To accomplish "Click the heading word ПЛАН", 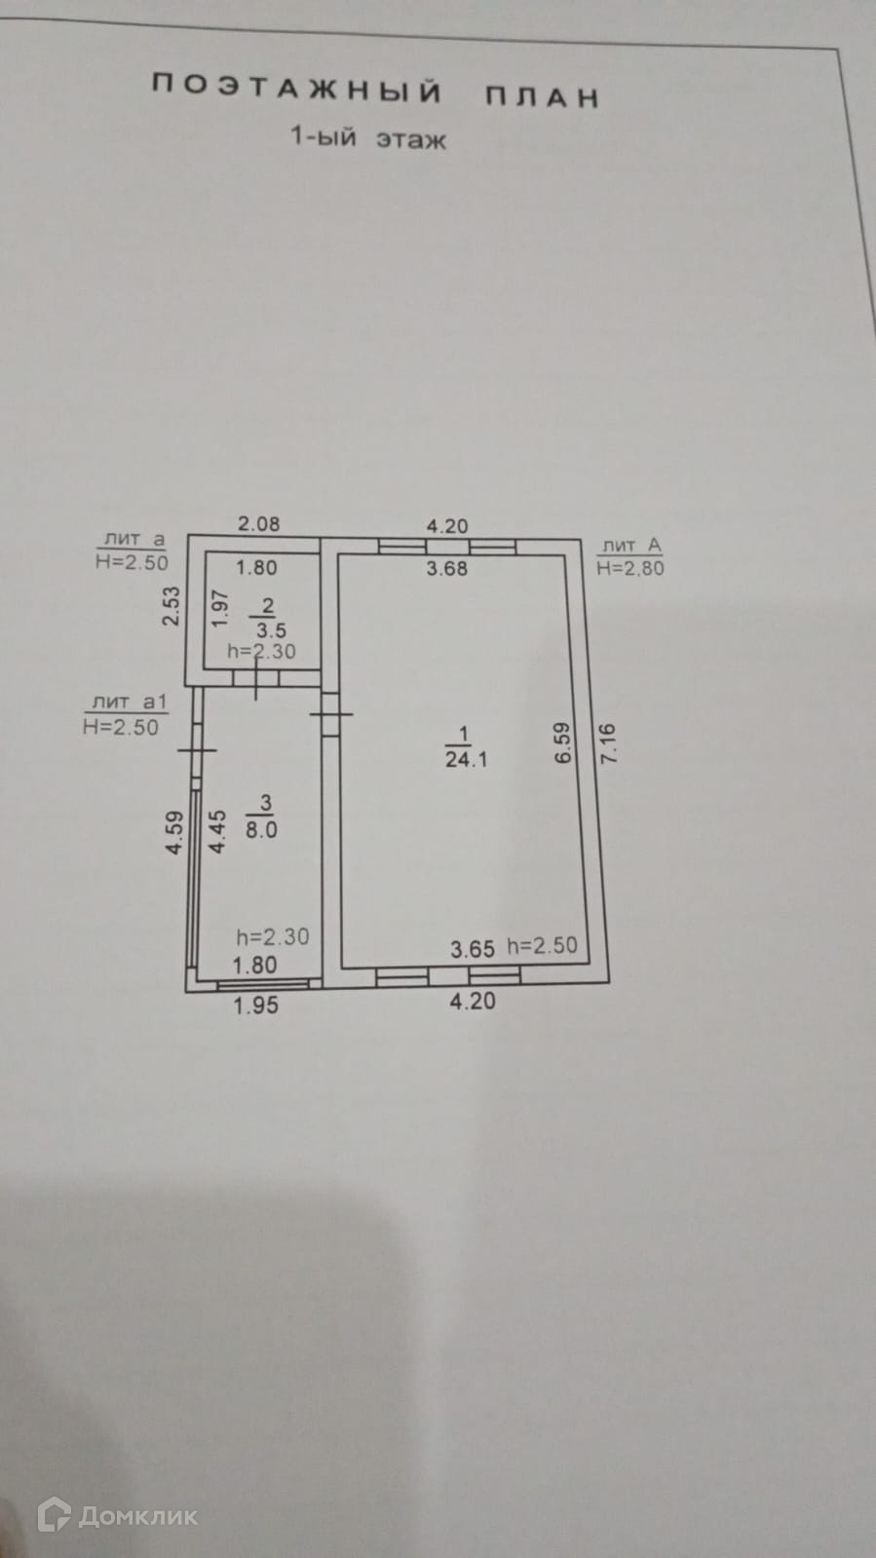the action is (542, 96).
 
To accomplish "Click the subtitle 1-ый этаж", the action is (368, 137).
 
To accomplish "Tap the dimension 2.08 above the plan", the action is (259, 523).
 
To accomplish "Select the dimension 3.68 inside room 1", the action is (447, 568).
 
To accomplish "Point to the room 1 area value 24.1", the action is (466, 759).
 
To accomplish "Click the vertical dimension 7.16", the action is (611, 742).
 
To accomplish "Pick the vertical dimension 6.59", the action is (562, 742).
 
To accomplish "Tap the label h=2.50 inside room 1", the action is (542, 945).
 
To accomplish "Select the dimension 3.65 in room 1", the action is (473, 948).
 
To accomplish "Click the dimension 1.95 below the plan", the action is (256, 1005).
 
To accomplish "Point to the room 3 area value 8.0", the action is (261, 830).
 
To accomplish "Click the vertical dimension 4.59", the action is (174, 833).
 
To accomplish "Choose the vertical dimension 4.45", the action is (218, 832).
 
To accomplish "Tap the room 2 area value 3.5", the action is (271, 630).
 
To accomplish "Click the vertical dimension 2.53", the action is (172, 605).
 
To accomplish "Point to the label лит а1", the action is (130, 702).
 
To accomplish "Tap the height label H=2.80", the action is (629, 568).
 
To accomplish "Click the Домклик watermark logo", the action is (117, 1515).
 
